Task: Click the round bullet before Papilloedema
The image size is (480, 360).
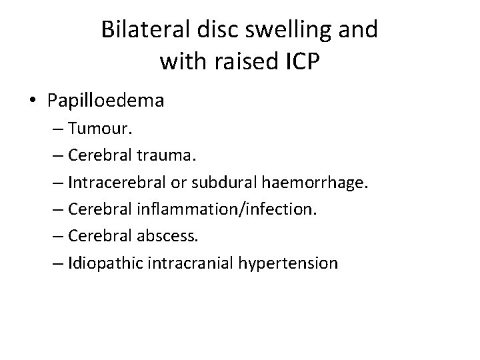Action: [x=33, y=102]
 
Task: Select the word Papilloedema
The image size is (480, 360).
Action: [x=106, y=102]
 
